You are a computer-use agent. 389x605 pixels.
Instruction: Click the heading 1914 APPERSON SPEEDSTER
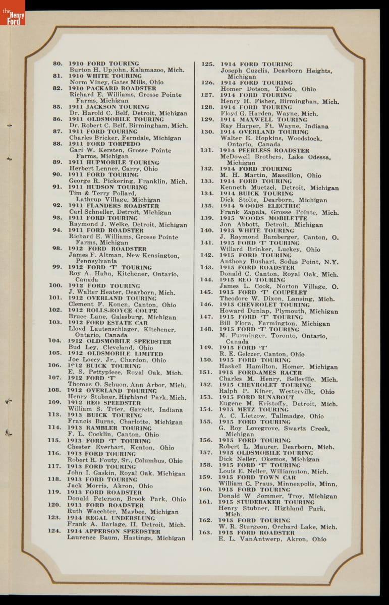click(114, 531)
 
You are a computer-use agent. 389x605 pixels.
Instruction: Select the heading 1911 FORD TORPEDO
click(104, 144)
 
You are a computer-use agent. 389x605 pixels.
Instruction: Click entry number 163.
click(205, 532)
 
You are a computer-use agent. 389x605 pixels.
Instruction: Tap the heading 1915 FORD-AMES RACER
click(260, 373)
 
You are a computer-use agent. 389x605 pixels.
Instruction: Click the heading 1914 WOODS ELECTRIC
click(260, 206)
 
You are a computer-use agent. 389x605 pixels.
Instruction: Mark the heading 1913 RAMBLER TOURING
click(109, 428)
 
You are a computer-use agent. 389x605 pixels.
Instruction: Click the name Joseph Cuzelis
click(245, 71)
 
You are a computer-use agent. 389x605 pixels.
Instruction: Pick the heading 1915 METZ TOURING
click(254, 410)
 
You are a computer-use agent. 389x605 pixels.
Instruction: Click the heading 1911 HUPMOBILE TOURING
click(114, 162)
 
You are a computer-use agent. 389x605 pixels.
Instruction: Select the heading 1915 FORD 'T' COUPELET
click(263, 292)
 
